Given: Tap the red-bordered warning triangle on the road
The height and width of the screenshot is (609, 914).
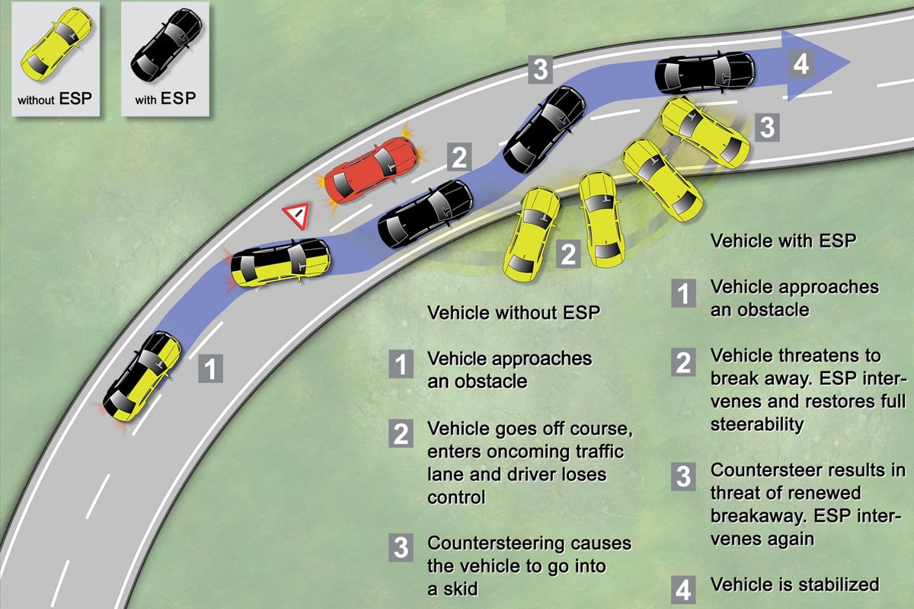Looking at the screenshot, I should click(x=297, y=216).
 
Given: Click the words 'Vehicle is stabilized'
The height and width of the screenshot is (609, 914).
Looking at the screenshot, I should click(x=794, y=585).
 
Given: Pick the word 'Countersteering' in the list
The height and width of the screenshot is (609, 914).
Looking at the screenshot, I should click(x=496, y=544).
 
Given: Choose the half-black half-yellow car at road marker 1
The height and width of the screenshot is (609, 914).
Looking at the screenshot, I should click(x=143, y=375).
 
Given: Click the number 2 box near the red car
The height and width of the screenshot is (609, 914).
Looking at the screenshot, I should click(x=459, y=158).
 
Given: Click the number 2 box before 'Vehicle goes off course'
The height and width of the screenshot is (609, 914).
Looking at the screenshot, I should click(x=401, y=433).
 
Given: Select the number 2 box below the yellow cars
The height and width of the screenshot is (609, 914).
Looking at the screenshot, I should click(x=567, y=254).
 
